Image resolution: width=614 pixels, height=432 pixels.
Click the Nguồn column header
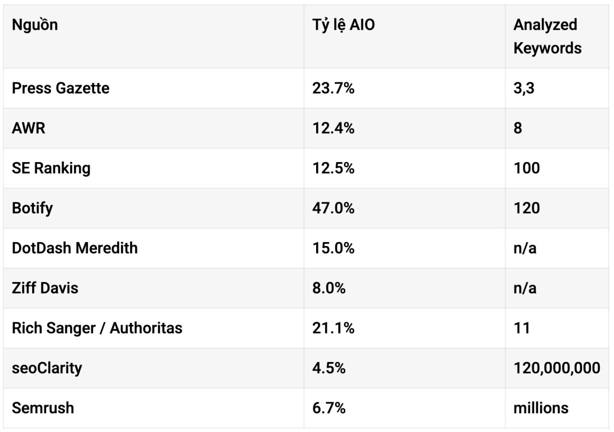pos(35,25)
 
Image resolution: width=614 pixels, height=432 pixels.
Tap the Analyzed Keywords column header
pos(547,36)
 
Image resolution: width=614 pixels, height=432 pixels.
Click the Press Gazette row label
pos(60,88)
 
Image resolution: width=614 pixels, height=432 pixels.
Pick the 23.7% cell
pos(333,88)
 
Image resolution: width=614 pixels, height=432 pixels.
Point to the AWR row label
pos(28,128)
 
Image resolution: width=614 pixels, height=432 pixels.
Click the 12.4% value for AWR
pos(333,128)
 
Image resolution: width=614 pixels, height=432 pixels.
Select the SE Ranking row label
pos(51,168)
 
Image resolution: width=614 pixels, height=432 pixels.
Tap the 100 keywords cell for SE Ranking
pos(527,168)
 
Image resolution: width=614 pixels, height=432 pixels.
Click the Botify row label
pos(32,208)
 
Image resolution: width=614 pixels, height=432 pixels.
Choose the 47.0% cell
pos(333,208)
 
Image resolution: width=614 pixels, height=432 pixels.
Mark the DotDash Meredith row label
pos(74,248)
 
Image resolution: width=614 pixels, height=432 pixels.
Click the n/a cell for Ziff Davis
pos(525,288)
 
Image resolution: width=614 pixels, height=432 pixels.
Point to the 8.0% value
pos(329,288)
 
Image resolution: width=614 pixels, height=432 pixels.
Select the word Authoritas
pos(146,328)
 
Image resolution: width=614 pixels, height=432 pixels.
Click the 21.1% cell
pos(333,328)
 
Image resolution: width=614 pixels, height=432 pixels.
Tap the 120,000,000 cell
pos(557,368)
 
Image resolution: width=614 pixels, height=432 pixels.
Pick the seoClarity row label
pos(47,368)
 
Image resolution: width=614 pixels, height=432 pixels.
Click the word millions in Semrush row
pos(541,408)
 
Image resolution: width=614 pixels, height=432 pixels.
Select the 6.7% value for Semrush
pos(329,408)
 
